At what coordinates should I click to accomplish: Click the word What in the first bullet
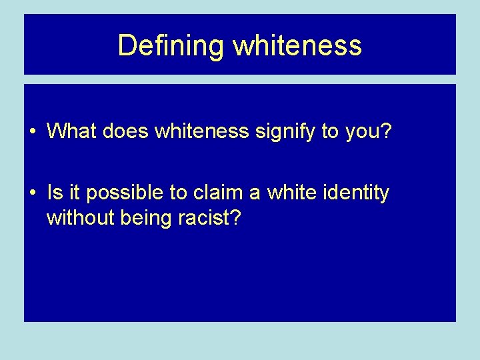click(x=72, y=131)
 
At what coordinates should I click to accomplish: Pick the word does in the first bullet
click(x=126, y=131)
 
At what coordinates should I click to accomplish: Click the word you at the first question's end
click(x=361, y=132)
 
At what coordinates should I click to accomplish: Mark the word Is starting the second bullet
click(x=54, y=193)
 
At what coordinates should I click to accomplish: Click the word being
click(x=142, y=219)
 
